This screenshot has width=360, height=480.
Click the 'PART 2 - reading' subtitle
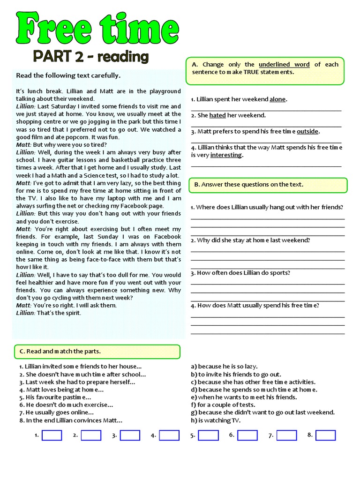click(x=90, y=57)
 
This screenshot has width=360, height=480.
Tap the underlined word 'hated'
click(x=217, y=115)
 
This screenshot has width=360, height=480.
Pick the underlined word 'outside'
click(x=307, y=131)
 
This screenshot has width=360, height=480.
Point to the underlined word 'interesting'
click(x=226, y=155)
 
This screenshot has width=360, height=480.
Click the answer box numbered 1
click(x=52, y=435)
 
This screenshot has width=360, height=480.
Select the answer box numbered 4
click(x=169, y=435)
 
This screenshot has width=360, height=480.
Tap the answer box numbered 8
click(x=325, y=435)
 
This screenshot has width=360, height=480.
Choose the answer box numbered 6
click(x=247, y=435)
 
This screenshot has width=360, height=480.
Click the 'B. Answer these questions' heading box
click(x=268, y=185)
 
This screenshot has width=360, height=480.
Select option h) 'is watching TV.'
click(x=216, y=420)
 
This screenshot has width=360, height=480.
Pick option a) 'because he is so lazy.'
click(x=224, y=367)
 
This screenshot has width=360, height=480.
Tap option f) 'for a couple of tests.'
click(x=223, y=405)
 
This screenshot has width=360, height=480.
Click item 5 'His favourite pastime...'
click(x=55, y=397)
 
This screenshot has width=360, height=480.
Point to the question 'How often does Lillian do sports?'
click(x=240, y=273)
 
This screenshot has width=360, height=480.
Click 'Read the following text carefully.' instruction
click(x=68, y=75)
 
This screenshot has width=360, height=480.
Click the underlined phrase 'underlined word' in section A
click(x=284, y=64)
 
